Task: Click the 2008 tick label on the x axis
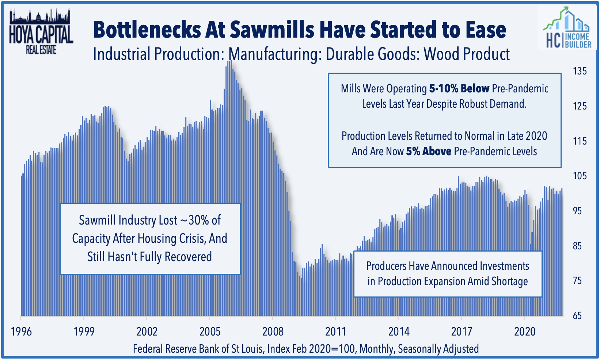point(273,332)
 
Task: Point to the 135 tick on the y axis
point(580,71)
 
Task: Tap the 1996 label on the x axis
point(21,332)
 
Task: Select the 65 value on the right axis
point(577,315)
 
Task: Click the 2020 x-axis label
point(525,332)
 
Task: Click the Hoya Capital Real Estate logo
point(41,33)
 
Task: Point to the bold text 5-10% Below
point(459,89)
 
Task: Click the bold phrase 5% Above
point(428,151)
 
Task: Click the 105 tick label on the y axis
point(580,176)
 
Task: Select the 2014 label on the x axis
point(399,332)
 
